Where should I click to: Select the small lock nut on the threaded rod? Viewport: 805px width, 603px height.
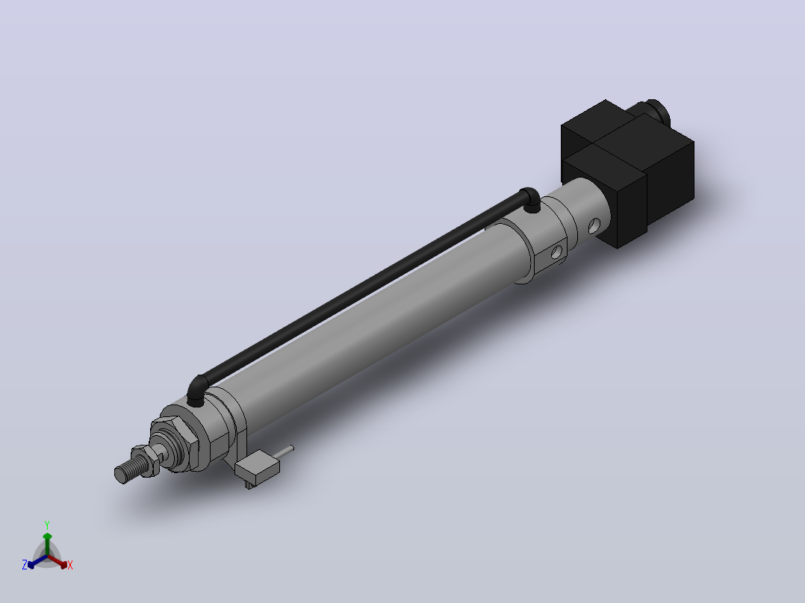click(x=146, y=461)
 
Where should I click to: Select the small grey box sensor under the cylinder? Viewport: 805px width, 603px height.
click(x=257, y=466)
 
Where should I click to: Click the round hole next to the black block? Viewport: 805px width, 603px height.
click(x=594, y=226)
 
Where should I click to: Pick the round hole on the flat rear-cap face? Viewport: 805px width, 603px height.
click(x=556, y=252)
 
